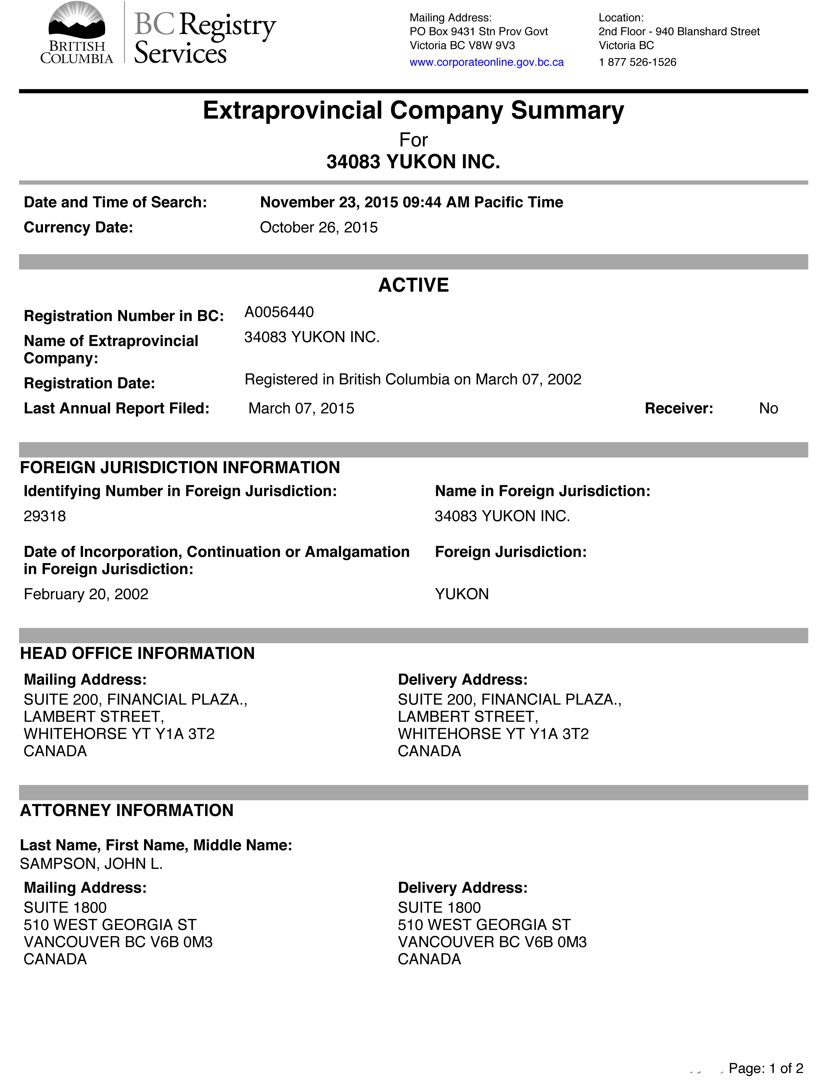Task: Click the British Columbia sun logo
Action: click(76, 22)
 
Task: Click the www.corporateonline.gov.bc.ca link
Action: click(486, 62)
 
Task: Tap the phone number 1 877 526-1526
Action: click(637, 62)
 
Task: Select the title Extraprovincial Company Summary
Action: click(413, 110)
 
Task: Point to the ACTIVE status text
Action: click(413, 285)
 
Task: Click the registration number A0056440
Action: click(279, 312)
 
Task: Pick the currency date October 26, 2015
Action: click(319, 227)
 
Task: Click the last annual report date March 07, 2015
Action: click(301, 408)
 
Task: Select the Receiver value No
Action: click(768, 408)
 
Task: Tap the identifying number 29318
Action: click(45, 516)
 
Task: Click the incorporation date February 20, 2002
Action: click(86, 594)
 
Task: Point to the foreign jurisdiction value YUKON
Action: click(462, 594)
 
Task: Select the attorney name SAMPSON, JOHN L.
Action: click(91, 864)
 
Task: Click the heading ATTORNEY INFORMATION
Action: click(127, 810)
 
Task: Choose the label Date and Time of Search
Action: click(115, 202)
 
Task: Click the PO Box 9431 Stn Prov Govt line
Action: click(478, 32)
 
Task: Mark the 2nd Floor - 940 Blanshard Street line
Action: click(679, 32)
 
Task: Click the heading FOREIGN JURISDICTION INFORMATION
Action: click(180, 467)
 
